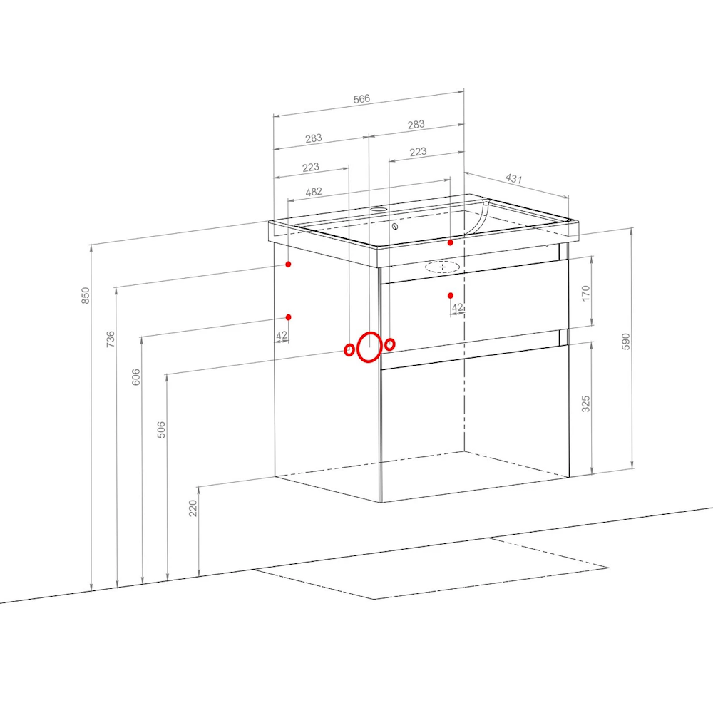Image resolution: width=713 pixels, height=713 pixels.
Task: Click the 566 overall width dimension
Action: click(362, 98)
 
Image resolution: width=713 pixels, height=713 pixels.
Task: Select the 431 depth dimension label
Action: click(513, 178)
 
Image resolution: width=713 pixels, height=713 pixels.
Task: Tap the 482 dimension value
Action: click(314, 192)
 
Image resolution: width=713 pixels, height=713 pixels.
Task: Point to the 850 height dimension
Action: click(86, 296)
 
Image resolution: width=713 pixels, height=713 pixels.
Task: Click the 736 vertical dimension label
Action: click(111, 339)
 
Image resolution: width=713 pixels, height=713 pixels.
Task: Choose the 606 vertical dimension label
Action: click(136, 377)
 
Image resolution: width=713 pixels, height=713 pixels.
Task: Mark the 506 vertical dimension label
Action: click(161, 430)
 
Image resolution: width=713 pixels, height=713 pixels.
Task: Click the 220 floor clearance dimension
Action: click(193, 508)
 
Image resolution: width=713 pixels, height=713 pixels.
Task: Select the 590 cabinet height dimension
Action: click(626, 342)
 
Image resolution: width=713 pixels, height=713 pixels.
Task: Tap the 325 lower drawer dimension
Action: click(586, 404)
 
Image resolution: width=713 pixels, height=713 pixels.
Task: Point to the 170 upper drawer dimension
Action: click(585, 293)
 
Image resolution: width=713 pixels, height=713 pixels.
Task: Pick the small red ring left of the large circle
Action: click(349, 349)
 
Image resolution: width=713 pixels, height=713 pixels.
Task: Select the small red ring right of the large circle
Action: click(390, 344)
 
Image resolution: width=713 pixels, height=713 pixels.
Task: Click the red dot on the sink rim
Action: click(450, 243)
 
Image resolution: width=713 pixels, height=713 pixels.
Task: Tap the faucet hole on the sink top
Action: click(379, 210)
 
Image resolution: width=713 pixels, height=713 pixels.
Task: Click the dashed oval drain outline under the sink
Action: click(442, 267)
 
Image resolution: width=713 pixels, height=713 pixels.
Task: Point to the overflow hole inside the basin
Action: click(395, 227)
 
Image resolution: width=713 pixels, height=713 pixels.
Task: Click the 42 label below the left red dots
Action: click(282, 335)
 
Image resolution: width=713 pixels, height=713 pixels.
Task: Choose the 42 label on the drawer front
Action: click(457, 307)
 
